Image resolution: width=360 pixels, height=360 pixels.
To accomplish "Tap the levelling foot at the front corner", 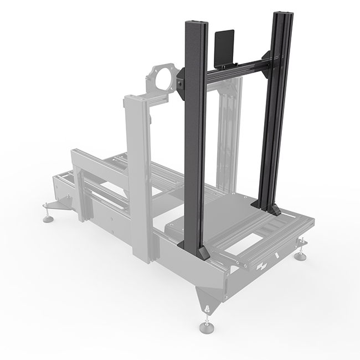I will click(x=207, y=326).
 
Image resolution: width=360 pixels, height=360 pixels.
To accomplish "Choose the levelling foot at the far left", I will click(x=49, y=218).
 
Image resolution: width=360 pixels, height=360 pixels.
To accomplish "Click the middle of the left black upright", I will click(x=195, y=138).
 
